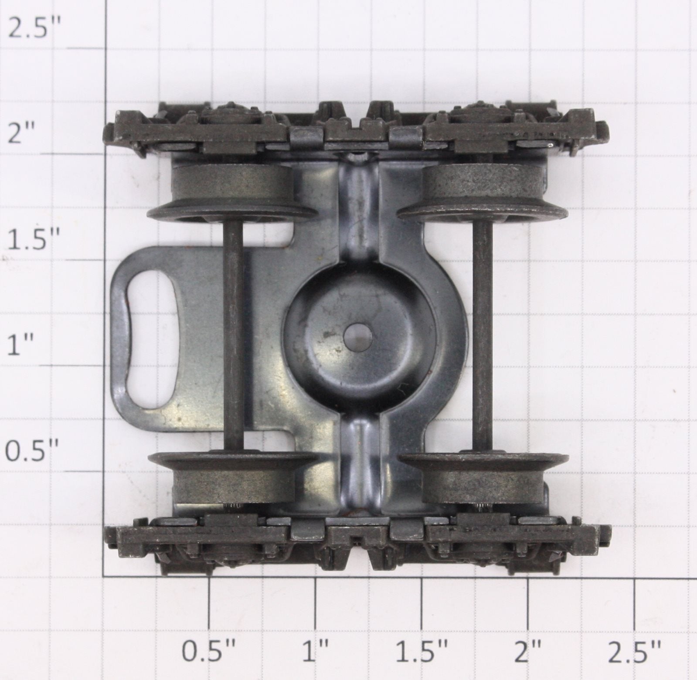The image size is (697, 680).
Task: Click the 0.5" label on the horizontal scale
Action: click(x=209, y=650)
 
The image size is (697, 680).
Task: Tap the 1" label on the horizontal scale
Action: click(x=322, y=650)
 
